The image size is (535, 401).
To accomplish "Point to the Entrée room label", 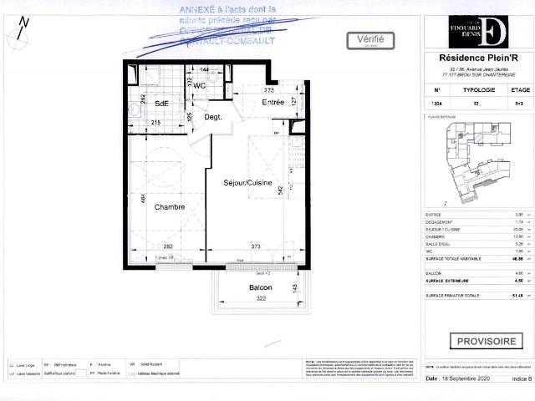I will click(273, 103).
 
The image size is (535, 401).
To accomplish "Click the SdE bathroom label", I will click(162, 103).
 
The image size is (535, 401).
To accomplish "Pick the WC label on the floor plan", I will click(201, 84).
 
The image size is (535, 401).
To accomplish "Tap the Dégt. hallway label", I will click(213, 117).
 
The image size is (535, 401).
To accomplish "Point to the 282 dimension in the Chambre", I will click(167, 247).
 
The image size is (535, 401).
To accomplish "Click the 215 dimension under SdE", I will click(155, 124).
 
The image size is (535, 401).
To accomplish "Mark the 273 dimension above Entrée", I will click(269, 89).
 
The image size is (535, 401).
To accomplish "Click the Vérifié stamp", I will click(370, 39).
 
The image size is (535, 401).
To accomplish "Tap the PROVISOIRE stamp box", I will click(486, 341).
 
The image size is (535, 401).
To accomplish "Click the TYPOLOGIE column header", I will click(478, 89).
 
